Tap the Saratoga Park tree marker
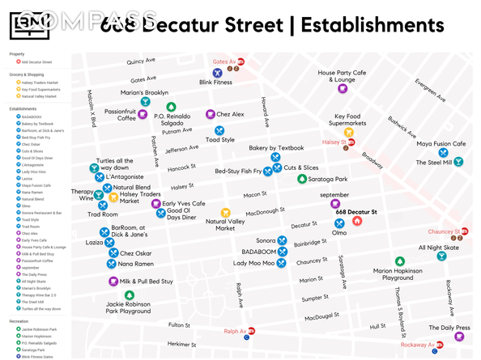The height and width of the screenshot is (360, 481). [302, 180]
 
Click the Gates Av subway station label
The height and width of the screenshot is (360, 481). [223, 61]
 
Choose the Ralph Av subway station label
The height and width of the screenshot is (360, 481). [236, 332]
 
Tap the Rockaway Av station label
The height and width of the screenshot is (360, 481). [417, 345]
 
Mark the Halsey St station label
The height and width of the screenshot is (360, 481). [334, 142]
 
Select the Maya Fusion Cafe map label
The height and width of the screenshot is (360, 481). [441, 144]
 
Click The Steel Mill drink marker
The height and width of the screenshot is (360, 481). [458, 163]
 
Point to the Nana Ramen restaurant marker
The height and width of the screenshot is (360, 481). [112, 264]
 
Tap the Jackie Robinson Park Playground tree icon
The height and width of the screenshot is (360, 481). [129, 295]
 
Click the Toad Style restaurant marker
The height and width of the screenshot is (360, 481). [219, 130]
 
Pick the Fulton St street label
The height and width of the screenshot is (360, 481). [179, 325]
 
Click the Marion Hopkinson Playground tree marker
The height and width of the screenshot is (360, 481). [399, 261]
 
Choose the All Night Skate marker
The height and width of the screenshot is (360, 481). [442, 256]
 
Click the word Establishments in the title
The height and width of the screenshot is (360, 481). [372, 25]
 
